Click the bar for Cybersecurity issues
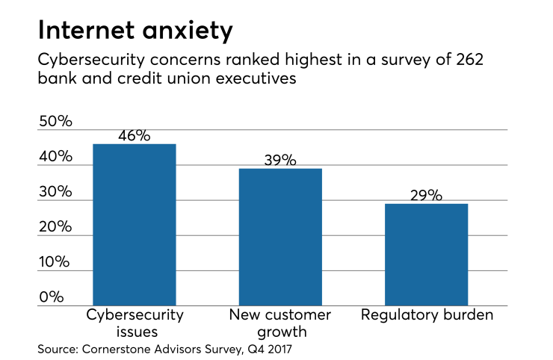tap(134, 224)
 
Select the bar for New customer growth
tap(279, 237)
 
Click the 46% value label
tap(134, 136)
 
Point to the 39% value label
tap(279, 161)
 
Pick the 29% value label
tap(426, 196)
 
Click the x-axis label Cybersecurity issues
tap(134, 323)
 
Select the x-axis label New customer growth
tap(279, 323)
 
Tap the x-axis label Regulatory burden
tap(427, 315)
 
